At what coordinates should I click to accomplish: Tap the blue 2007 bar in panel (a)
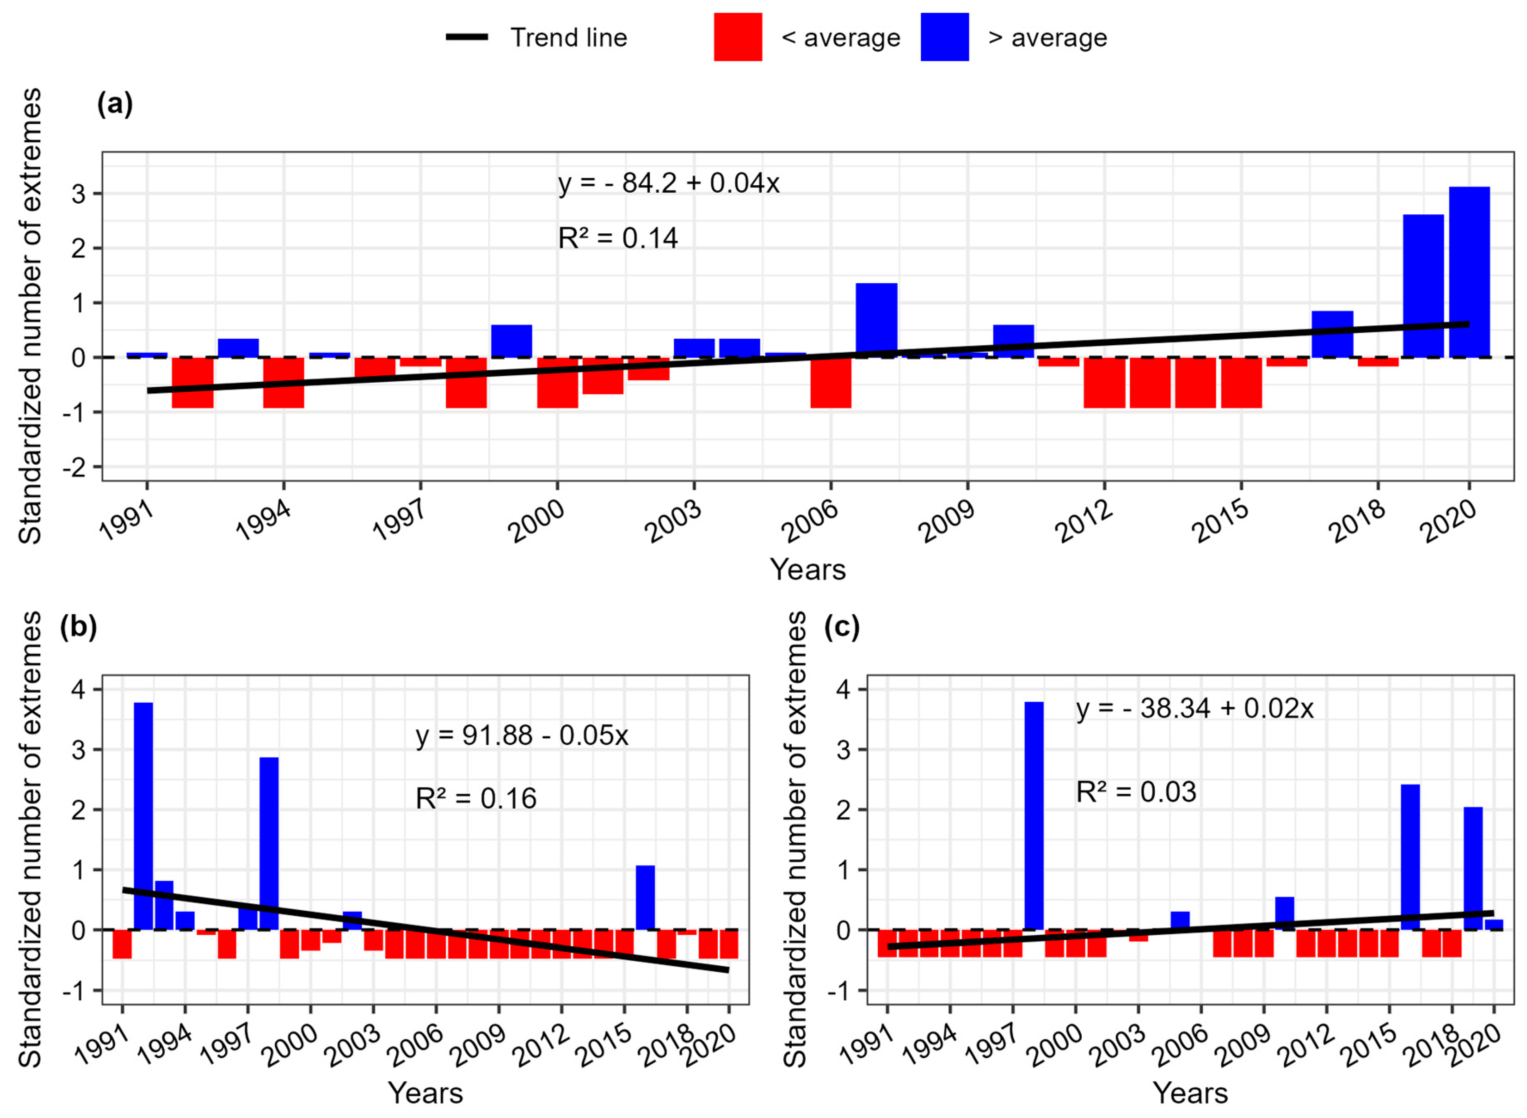pyautogui.click(x=876, y=320)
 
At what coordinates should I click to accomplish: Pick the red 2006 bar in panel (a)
pyautogui.click(x=830, y=382)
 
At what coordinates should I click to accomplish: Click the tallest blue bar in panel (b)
pyautogui.click(x=143, y=815)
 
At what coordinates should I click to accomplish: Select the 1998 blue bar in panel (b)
pyautogui.click(x=269, y=843)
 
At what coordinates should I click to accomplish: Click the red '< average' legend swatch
pyautogui.click(x=738, y=37)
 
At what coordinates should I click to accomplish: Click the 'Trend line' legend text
pyautogui.click(x=568, y=38)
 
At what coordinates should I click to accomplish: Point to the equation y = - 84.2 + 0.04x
pyautogui.click(x=668, y=183)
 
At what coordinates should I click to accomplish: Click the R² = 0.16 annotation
pyautogui.click(x=476, y=798)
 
